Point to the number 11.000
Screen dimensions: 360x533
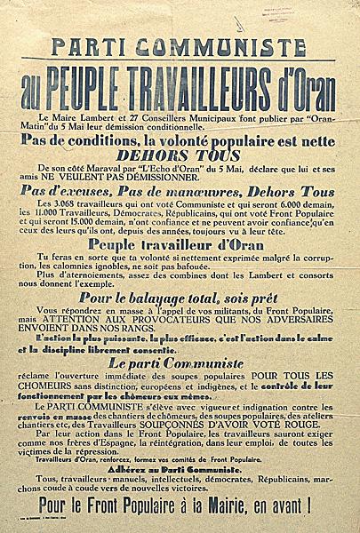[74, 214]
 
